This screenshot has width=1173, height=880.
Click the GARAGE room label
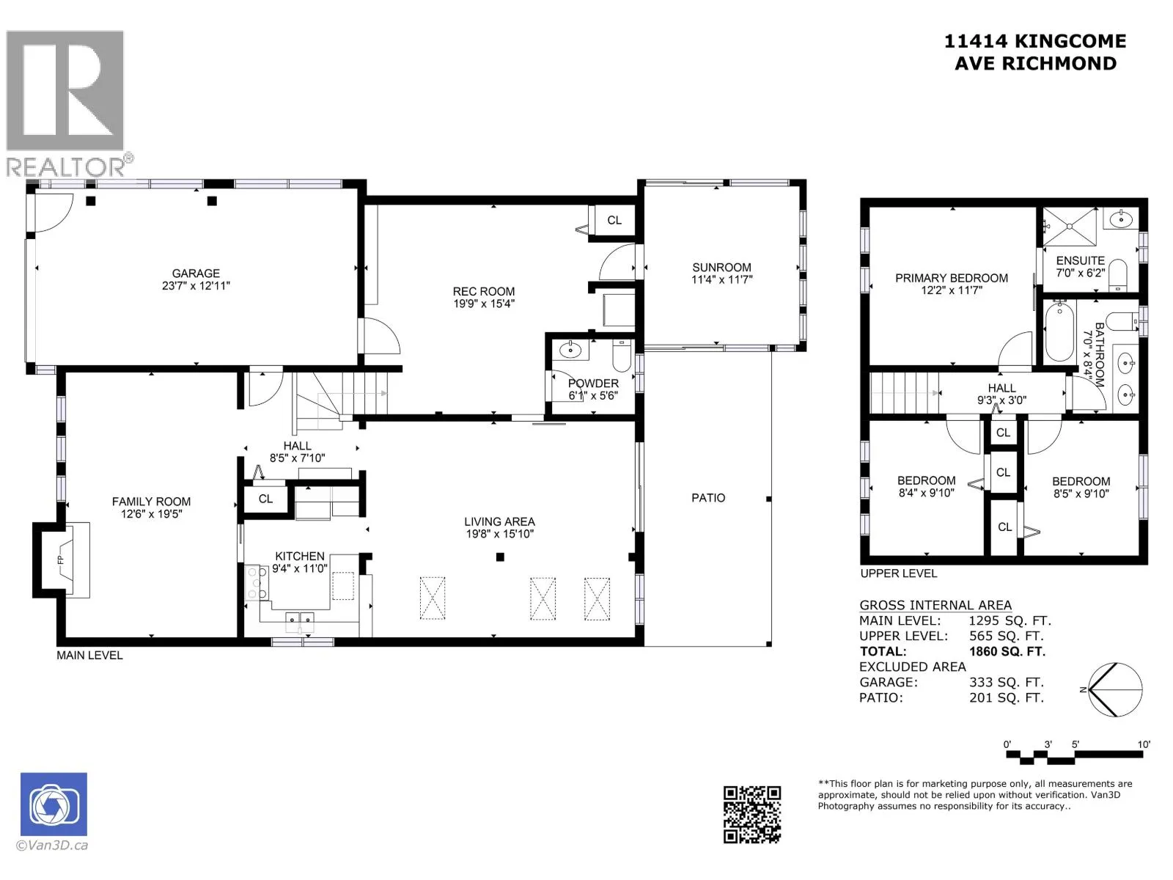(196, 273)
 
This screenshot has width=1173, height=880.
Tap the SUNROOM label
(721, 267)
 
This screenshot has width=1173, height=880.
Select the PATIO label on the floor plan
(708, 497)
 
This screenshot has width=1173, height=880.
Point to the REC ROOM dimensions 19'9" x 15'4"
(484, 304)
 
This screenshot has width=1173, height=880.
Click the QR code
(752, 815)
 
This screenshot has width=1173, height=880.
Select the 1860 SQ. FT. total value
(1007, 651)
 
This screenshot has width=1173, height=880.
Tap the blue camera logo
(54, 804)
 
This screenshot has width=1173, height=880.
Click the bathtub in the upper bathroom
(1059, 331)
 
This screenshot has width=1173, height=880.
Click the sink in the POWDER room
(570, 351)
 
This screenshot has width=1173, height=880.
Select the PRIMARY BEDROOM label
(951, 278)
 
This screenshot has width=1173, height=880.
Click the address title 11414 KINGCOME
(1035, 41)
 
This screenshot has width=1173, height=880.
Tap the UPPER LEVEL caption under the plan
(898, 573)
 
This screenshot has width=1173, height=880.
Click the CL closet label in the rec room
(614, 220)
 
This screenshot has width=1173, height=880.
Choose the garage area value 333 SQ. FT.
(1007, 682)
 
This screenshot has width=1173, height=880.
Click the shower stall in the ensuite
(1070, 226)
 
